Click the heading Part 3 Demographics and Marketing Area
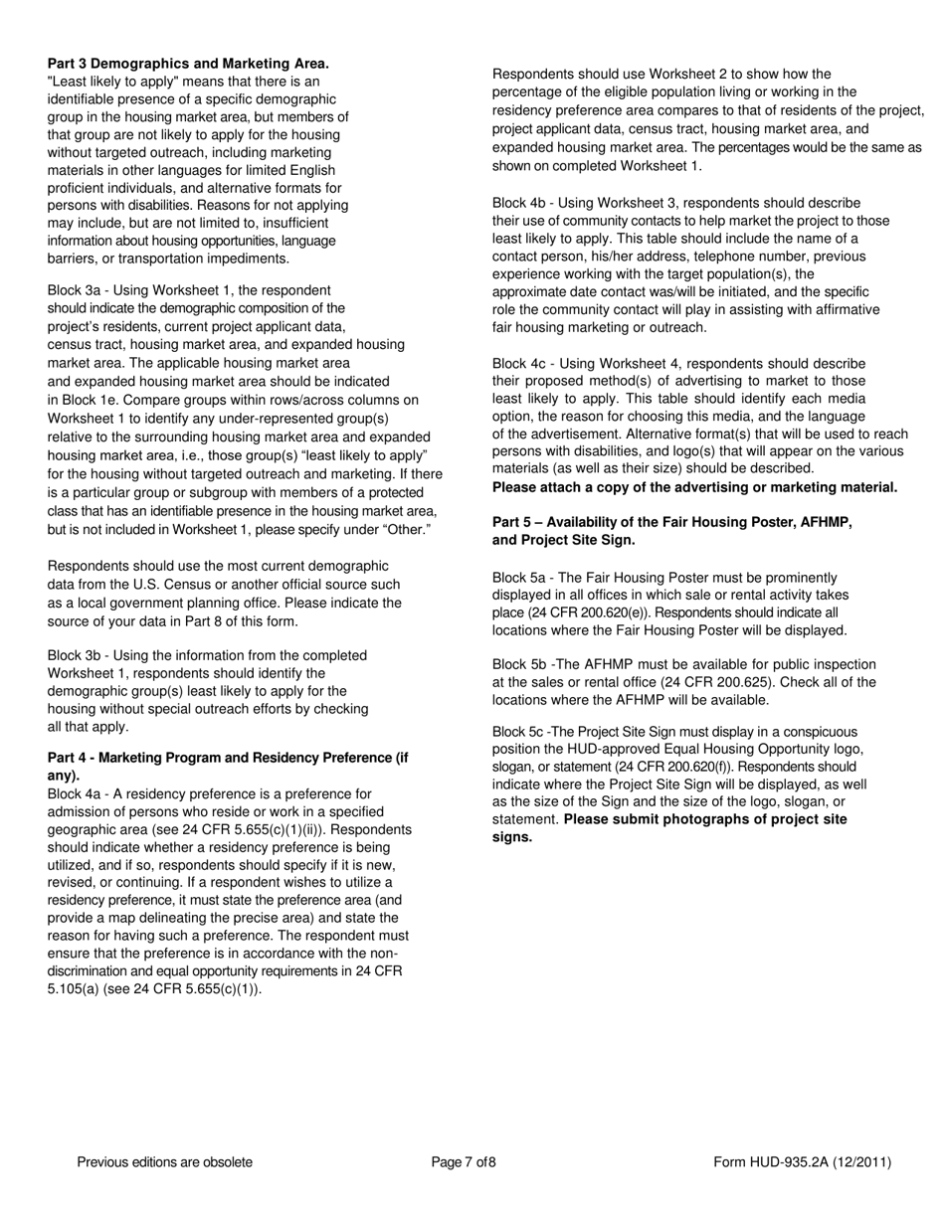pos(188,64)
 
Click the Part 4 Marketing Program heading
pos(228,758)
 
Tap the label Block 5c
pos(518,732)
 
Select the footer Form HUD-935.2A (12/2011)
pos(802,1162)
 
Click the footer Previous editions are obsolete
pos(164,1162)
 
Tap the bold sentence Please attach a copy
pos(694,487)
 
